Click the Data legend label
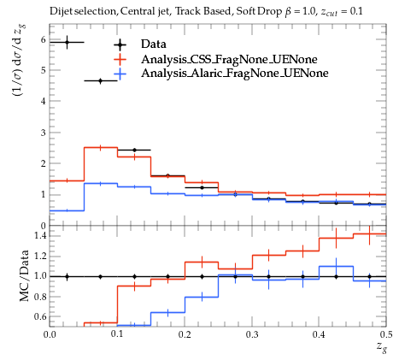153,44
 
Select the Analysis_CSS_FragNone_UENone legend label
229,59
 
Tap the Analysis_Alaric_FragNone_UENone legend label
235,74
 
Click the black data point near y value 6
67,42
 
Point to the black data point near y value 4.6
100,81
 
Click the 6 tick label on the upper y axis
43,39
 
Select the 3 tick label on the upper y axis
43,133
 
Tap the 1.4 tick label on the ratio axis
39,236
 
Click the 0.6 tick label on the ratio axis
39,316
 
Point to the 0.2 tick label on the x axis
185,334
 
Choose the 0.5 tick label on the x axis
386,334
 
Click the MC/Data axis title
25,275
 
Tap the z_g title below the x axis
381,347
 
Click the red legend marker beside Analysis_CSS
120,59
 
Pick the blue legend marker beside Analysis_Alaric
120,74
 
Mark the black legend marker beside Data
120,44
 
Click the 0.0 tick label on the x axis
50,334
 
